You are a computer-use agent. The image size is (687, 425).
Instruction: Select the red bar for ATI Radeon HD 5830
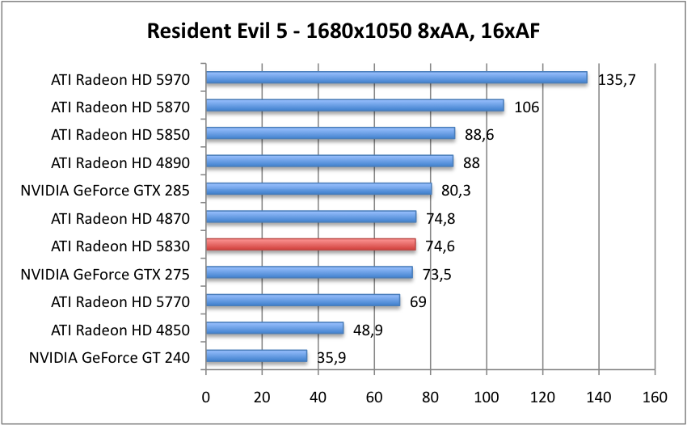click(x=311, y=245)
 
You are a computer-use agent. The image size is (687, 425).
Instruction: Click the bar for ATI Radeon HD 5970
click(x=396, y=78)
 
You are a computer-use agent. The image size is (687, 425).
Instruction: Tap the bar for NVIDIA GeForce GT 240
click(x=256, y=356)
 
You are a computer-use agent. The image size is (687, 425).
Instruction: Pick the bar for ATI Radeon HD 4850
click(x=275, y=329)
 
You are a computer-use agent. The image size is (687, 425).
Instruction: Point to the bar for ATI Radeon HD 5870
click(x=355, y=106)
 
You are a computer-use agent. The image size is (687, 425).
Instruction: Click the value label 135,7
click(x=616, y=80)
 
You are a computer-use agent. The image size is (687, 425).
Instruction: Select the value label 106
click(x=527, y=107)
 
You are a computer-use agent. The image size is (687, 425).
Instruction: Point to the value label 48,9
click(x=368, y=330)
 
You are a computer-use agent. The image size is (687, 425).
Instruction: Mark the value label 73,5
click(x=436, y=275)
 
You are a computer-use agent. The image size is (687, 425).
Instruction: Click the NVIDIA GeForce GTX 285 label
click(x=105, y=191)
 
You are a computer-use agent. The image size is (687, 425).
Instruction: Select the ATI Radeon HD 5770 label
click(x=120, y=301)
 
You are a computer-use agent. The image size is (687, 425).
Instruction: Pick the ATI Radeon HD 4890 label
click(x=120, y=162)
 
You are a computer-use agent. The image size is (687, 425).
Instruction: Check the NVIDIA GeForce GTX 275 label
click(x=105, y=274)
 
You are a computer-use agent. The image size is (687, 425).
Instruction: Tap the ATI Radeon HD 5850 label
click(x=120, y=134)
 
